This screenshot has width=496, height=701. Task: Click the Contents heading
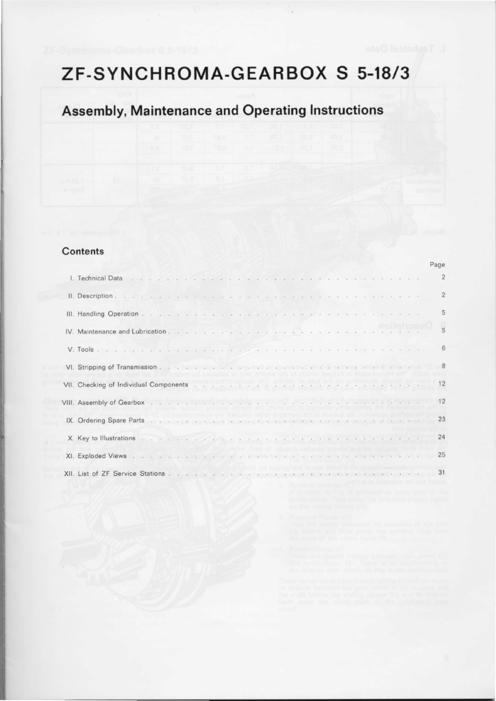[82, 251]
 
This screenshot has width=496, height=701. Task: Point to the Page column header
[438, 264]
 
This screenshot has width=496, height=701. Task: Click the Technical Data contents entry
[100, 277]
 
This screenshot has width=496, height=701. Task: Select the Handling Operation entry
[108, 313]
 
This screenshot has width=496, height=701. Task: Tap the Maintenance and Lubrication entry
[122, 331]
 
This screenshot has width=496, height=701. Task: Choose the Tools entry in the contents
[86, 348]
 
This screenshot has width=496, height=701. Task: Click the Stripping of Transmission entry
[118, 366]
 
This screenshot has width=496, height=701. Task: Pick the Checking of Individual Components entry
[133, 384]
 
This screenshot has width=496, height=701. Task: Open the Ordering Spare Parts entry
[111, 420]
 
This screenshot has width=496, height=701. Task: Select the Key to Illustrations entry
[107, 437]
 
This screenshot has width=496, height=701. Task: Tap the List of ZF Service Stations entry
[122, 473]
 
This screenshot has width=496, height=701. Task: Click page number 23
[442, 420]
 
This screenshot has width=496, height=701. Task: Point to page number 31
[442, 473]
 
